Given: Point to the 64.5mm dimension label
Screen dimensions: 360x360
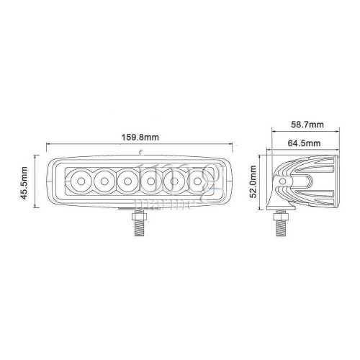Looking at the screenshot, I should [x=307, y=143].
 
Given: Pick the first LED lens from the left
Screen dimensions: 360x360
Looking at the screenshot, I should [x=80, y=181].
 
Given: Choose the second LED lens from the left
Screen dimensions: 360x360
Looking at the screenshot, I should [x=104, y=181].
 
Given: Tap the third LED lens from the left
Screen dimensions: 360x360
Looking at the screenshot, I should [x=127, y=181].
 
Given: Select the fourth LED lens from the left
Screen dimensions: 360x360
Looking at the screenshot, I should [x=151, y=181].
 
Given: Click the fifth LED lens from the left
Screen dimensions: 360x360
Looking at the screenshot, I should [x=174, y=181].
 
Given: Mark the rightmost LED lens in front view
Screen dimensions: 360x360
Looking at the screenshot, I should [x=197, y=181].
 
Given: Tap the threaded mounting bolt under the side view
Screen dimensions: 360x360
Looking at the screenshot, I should [x=279, y=224].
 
